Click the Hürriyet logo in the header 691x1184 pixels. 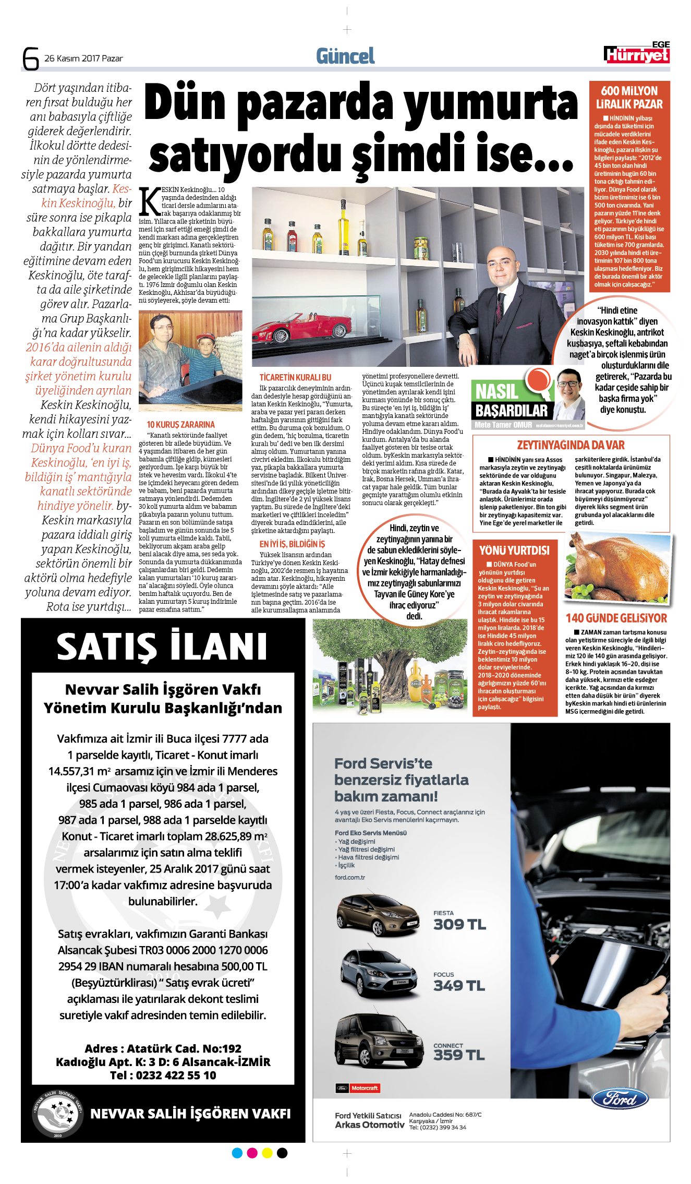[637, 54]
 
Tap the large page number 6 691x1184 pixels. [31, 58]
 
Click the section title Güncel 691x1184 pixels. [345, 56]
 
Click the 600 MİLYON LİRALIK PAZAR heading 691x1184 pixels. [629, 98]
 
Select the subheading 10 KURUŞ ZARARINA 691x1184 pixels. [180, 425]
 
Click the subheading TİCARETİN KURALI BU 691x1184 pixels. [295, 377]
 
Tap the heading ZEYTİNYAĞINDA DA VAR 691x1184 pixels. [571, 445]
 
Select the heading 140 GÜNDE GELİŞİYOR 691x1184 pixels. [616, 618]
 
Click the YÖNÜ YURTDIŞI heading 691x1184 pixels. [514, 551]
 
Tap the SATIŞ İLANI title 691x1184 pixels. [162, 647]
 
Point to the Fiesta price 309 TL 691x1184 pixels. [459, 925]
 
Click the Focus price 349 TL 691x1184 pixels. [459, 986]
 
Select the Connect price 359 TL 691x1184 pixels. [459, 1055]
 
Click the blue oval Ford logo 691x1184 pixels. [620, 1098]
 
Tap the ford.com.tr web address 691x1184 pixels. [350, 877]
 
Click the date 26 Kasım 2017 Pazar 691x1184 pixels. [83, 58]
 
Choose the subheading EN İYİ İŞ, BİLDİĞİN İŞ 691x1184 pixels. [292, 544]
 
